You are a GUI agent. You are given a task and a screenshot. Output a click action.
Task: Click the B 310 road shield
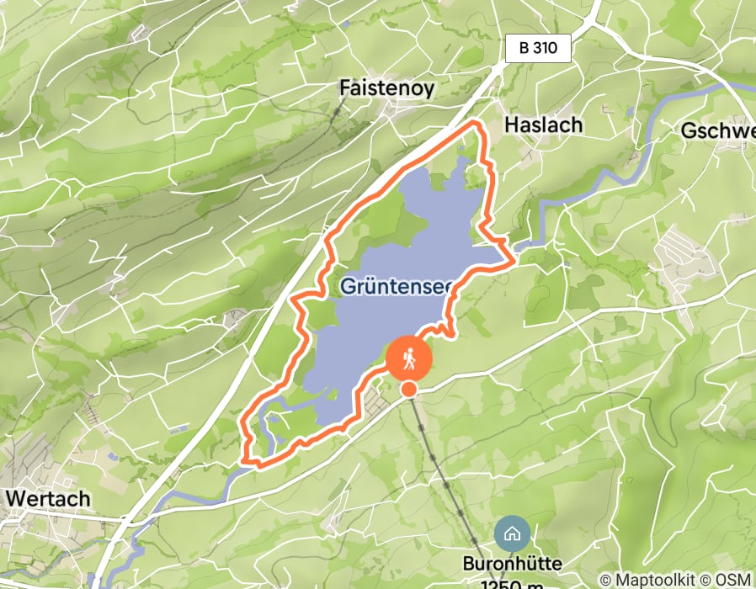pos(539,48)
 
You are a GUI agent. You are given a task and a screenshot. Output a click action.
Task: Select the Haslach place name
pos(543,125)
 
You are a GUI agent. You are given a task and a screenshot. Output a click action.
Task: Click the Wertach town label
pos(48,498)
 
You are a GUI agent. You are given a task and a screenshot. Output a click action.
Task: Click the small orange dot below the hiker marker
pos(409,389)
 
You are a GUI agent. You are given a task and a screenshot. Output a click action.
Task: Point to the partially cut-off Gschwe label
pos(717,131)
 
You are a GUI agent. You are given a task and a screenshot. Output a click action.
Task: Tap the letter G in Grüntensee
pos(348,286)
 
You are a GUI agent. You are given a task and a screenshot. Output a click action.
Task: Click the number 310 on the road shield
pos(546,48)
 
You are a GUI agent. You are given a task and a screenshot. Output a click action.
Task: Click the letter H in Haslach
pos(510,125)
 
